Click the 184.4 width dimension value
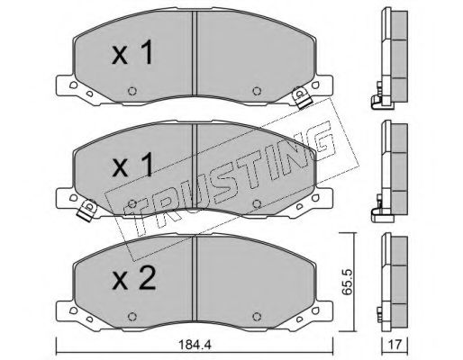[x=195, y=345]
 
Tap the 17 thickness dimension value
[x=395, y=345]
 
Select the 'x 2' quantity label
[x=133, y=279]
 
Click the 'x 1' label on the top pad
[x=132, y=53]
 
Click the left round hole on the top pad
[x=132, y=91]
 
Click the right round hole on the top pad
[x=256, y=91]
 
